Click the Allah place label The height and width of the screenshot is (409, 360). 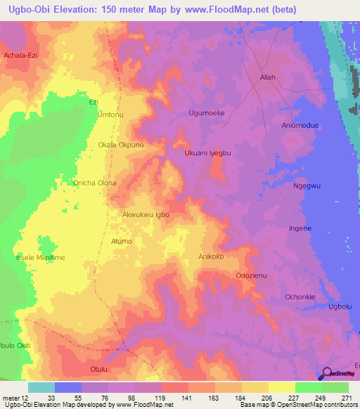pos(267,78)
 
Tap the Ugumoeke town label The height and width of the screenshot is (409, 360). pos(207,112)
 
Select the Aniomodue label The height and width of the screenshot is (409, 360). pos(300,125)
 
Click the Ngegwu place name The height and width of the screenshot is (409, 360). pos(306,186)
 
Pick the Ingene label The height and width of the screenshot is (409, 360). pos(300,228)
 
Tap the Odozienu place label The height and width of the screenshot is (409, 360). pos(253,275)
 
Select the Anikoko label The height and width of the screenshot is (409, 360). pos(211,257)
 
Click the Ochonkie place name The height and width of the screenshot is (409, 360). pos(300,297)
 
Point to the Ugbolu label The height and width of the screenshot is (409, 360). pos(340,308)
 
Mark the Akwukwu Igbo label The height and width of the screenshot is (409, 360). pos(146,215)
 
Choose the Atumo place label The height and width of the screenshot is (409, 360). pos(121,241)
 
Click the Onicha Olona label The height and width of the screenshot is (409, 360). pos(95,183)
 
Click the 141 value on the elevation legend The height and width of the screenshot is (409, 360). pos(187,398)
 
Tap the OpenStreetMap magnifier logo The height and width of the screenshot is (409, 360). pos(326,375)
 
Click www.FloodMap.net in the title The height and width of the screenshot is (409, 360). pos(226,9)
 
